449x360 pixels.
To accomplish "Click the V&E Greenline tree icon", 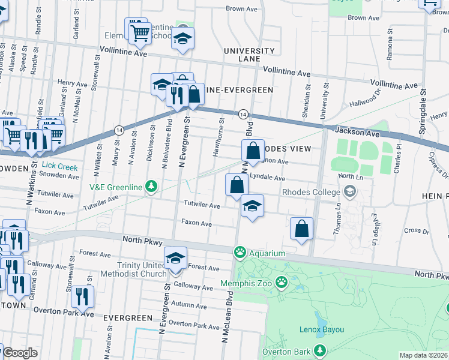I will [151, 187].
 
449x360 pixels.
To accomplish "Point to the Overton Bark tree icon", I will [319, 350].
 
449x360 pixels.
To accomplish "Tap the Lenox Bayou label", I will [322, 329].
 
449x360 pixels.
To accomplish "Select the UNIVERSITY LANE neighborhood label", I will [249, 55].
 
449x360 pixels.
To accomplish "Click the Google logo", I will [19, 352].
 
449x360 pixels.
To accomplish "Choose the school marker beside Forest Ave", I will [175, 258].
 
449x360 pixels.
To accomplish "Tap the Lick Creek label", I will [60, 167].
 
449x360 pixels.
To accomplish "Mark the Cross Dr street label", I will [413, 230].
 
